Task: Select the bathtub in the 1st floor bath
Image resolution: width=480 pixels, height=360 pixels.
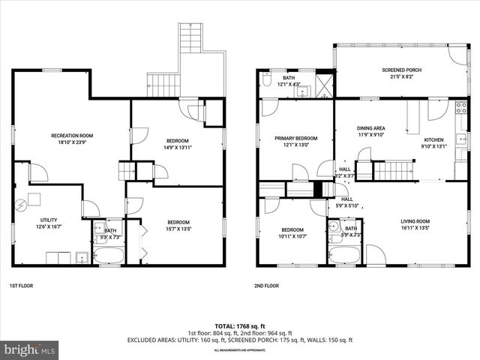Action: [x=110, y=255]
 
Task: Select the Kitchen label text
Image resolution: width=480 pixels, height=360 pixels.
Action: [x=434, y=140]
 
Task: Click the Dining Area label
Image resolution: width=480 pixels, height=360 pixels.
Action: [x=370, y=129]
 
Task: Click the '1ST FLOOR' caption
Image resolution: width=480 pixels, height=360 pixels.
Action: [x=20, y=286]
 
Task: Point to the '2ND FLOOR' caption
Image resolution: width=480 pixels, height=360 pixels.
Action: [x=265, y=286]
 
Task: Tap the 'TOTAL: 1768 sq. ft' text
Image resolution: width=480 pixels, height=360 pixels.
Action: [x=239, y=326]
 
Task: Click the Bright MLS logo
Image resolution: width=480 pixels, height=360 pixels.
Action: [x=30, y=349]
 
